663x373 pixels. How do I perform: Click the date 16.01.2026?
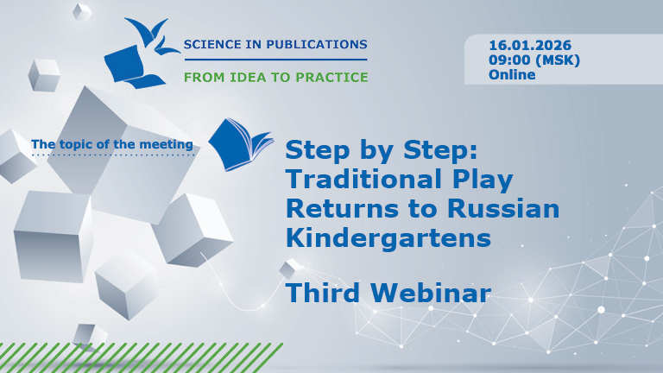click(530, 45)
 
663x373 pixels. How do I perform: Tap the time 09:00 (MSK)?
click(534, 60)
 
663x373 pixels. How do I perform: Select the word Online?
click(512, 74)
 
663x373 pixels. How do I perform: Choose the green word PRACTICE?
click(330, 77)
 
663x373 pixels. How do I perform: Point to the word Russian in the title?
click(508, 208)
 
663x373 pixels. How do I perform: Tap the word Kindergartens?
click(382, 236)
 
